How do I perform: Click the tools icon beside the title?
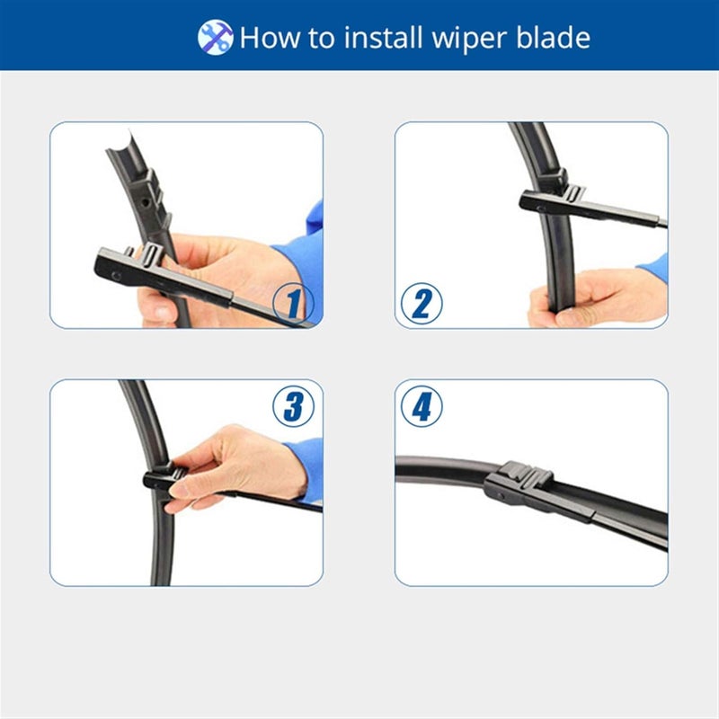(215, 37)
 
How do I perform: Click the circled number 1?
(292, 303)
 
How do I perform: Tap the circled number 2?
(421, 304)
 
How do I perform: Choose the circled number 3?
(293, 407)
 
